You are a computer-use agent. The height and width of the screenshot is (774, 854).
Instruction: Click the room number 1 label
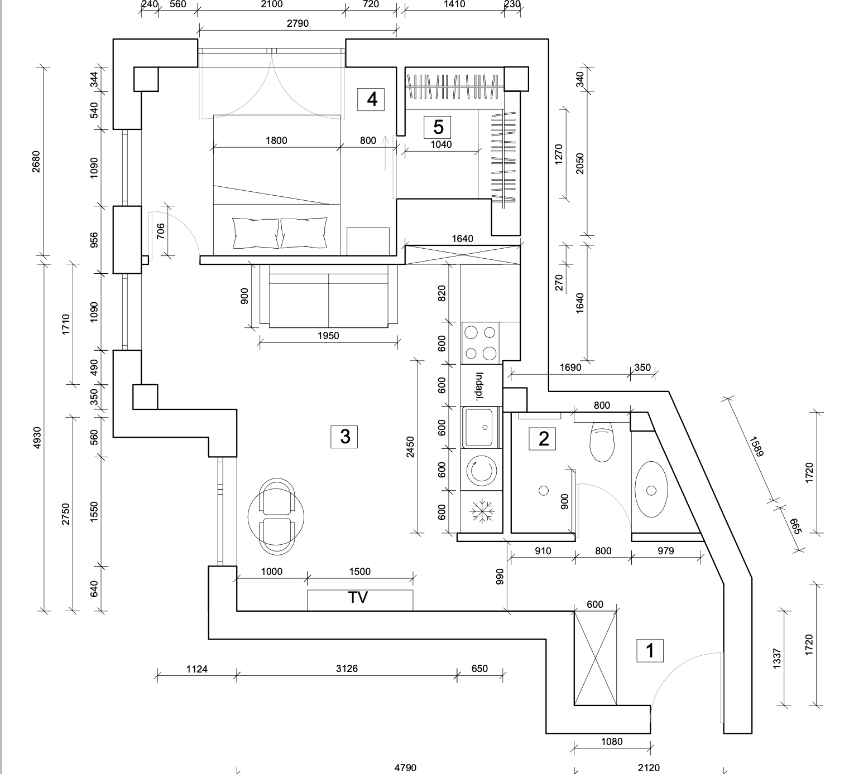650,650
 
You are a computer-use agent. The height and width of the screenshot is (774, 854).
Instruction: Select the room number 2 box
543,438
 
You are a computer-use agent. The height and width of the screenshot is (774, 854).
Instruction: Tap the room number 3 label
344,436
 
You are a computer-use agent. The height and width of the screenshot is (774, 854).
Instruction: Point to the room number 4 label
372,99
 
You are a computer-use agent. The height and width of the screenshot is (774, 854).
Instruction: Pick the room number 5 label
438,127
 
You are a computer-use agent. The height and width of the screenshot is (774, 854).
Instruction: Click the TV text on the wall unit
358,598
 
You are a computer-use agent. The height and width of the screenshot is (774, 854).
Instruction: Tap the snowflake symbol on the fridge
481,511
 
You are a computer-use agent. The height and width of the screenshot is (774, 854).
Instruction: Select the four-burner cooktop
481,342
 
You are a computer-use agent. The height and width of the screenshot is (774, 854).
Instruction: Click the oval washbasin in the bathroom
651,490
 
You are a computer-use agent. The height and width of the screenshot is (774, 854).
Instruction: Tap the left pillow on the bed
256,233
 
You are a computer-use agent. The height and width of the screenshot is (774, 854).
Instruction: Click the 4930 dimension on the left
37,438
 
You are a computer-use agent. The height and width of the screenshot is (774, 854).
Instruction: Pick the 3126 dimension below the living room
347,669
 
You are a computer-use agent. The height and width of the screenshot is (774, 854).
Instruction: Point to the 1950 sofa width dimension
328,336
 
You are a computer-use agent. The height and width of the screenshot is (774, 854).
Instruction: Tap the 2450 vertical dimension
410,447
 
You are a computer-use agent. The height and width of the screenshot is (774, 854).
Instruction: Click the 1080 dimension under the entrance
612,742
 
